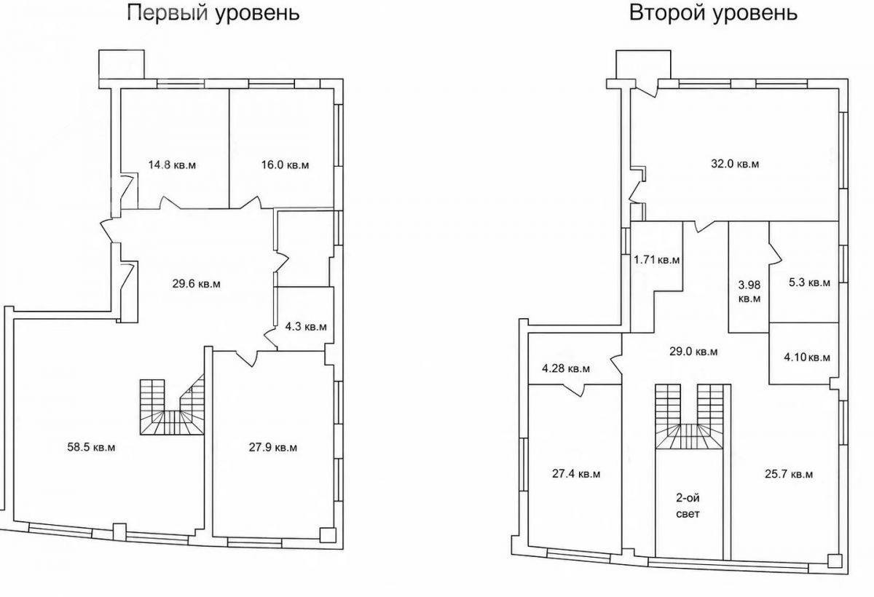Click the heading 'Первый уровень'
[214, 13]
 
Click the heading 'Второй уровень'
[713, 13]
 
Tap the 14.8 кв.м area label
[172, 165]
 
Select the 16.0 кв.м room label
[286, 165]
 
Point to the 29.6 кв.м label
[196, 284]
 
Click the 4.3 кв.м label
[306, 326]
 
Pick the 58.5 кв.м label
[91, 447]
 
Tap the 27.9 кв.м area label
[273, 447]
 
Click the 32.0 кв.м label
[735, 164]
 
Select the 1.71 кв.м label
[657, 260]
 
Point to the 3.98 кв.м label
[749, 292]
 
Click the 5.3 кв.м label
[810, 282]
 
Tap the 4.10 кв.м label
[807, 357]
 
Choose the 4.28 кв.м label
[566, 368]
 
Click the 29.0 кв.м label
[693, 352]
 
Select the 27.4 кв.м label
[576, 474]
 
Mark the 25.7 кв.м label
[789, 474]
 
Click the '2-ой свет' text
[688, 506]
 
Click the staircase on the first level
[172, 406]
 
